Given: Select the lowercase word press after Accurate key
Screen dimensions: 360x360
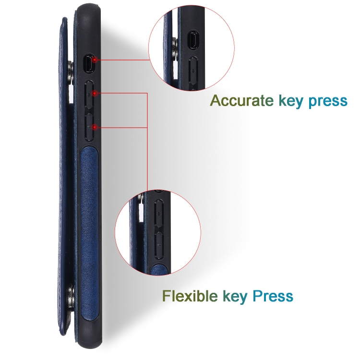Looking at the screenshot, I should (328, 102).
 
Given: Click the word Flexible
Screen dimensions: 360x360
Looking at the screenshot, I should (190, 296).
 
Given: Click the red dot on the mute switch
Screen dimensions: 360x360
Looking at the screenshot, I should (96, 60).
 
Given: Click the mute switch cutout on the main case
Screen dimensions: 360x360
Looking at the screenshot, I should (89, 63).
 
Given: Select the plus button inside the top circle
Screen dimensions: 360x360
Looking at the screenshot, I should (193, 72).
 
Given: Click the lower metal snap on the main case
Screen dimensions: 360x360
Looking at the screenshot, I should (71, 293).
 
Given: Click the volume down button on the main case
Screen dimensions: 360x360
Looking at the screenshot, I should (90, 127).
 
